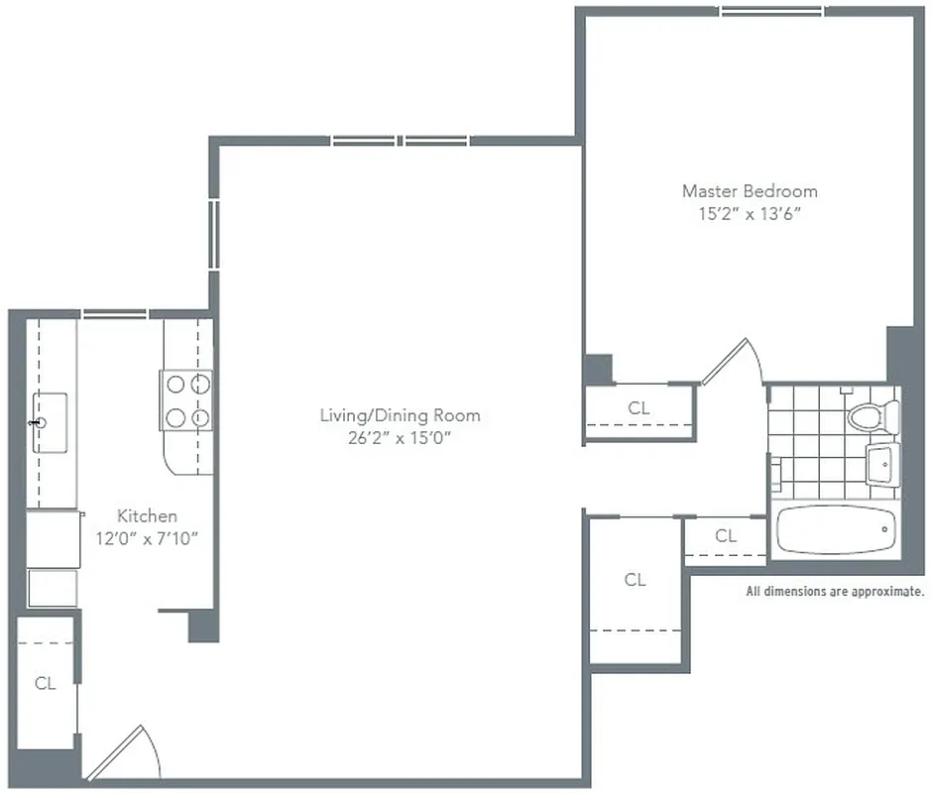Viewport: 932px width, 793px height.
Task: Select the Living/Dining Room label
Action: pyautogui.click(x=400, y=415)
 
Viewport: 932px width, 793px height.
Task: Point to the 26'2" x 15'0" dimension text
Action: pyautogui.click(x=400, y=438)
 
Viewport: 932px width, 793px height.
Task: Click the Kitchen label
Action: pyautogui.click(x=147, y=515)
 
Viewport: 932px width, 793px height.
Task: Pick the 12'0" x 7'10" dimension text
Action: pyautogui.click(x=147, y=538)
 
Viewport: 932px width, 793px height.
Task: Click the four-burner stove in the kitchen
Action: pyautogui.click(x=187, y=400)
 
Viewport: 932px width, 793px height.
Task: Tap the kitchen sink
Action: pyautogui.click(x=50, y=422)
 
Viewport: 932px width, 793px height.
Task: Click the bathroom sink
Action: pyautogui.click(x=881, y=463)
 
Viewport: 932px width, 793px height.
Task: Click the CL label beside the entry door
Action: pyautogui.click(x=45, y=683)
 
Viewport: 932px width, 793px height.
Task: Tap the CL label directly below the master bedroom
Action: pyautogui.click(x=639, y=407)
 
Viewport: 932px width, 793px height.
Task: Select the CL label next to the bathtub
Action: pyautogui.click(x=726, y=536)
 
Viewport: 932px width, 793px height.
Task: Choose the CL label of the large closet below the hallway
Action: pyautogui.click(x=635, y=580)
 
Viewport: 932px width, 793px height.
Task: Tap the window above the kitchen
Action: pyautogui.click(x=115, y=314)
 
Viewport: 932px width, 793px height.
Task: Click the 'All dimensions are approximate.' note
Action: pyautogui.click(x=834, y=592)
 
